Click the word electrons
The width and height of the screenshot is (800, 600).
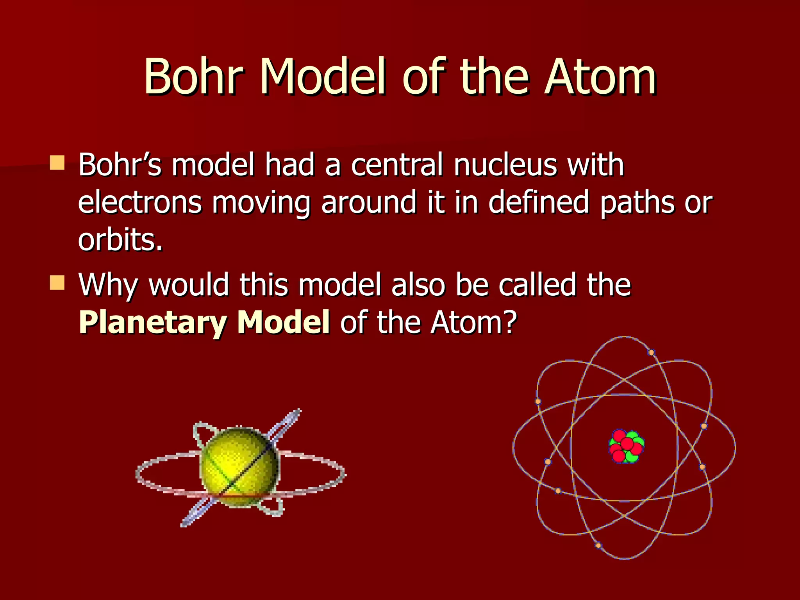pos(140,202)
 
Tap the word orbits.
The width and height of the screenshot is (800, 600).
pos(120,239)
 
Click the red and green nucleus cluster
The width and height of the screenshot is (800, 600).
pos(626,446)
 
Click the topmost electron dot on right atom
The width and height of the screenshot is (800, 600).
pos(651,352)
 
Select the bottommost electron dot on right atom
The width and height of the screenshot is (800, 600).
pos(598,545)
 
